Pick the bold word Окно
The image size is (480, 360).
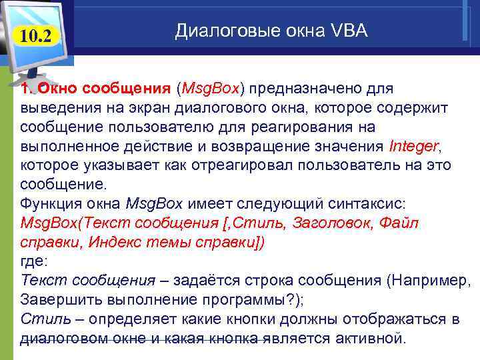[56, 89]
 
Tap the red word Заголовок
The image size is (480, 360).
[323, 222]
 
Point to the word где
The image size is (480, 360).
[33, 260]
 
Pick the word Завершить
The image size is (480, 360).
[56, 298]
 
